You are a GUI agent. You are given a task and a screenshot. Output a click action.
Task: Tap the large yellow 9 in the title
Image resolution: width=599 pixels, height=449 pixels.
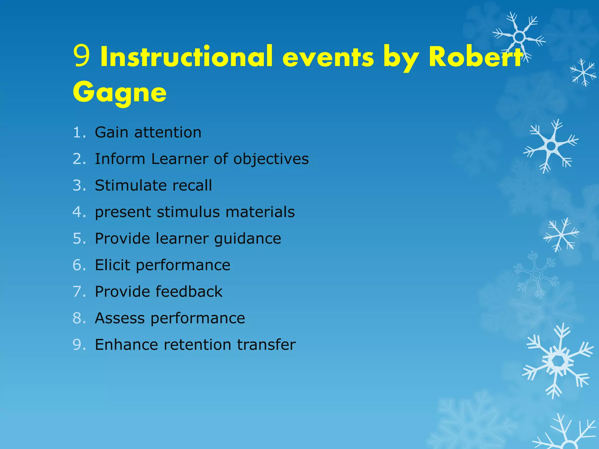coord(81,56)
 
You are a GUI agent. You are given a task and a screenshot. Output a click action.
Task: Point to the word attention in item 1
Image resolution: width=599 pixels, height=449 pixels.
coord(168,132)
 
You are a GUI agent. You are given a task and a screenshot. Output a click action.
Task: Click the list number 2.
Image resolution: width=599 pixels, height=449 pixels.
coord(78,159)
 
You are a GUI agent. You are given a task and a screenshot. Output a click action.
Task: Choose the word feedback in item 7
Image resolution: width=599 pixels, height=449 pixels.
coord(189,292)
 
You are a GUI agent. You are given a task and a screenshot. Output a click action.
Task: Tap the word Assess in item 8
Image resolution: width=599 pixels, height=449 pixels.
coord(120,318)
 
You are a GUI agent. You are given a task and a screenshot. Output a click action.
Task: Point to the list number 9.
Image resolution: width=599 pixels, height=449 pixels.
coord(78,345)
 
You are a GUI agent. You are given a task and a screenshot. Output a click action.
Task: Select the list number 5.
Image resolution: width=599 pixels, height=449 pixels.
coord(78,239)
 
